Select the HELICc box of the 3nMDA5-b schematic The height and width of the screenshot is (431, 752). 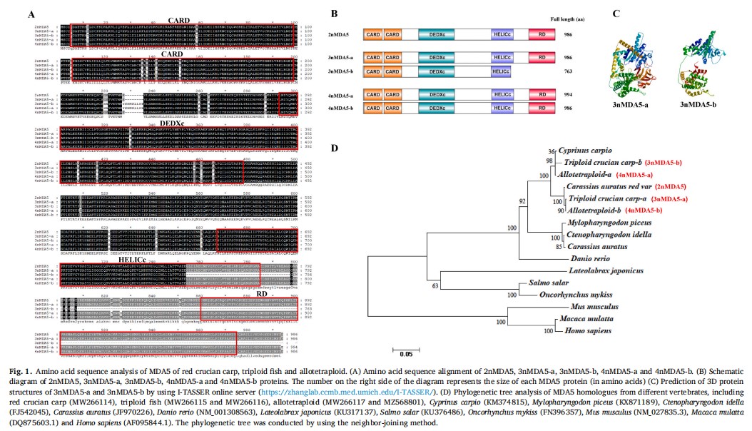pos(502,72)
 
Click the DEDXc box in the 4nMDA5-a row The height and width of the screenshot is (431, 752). pos(437,93)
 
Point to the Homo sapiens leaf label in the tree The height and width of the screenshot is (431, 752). pos(586,331)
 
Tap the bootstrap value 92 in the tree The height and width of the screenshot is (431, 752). pos(522,201)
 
